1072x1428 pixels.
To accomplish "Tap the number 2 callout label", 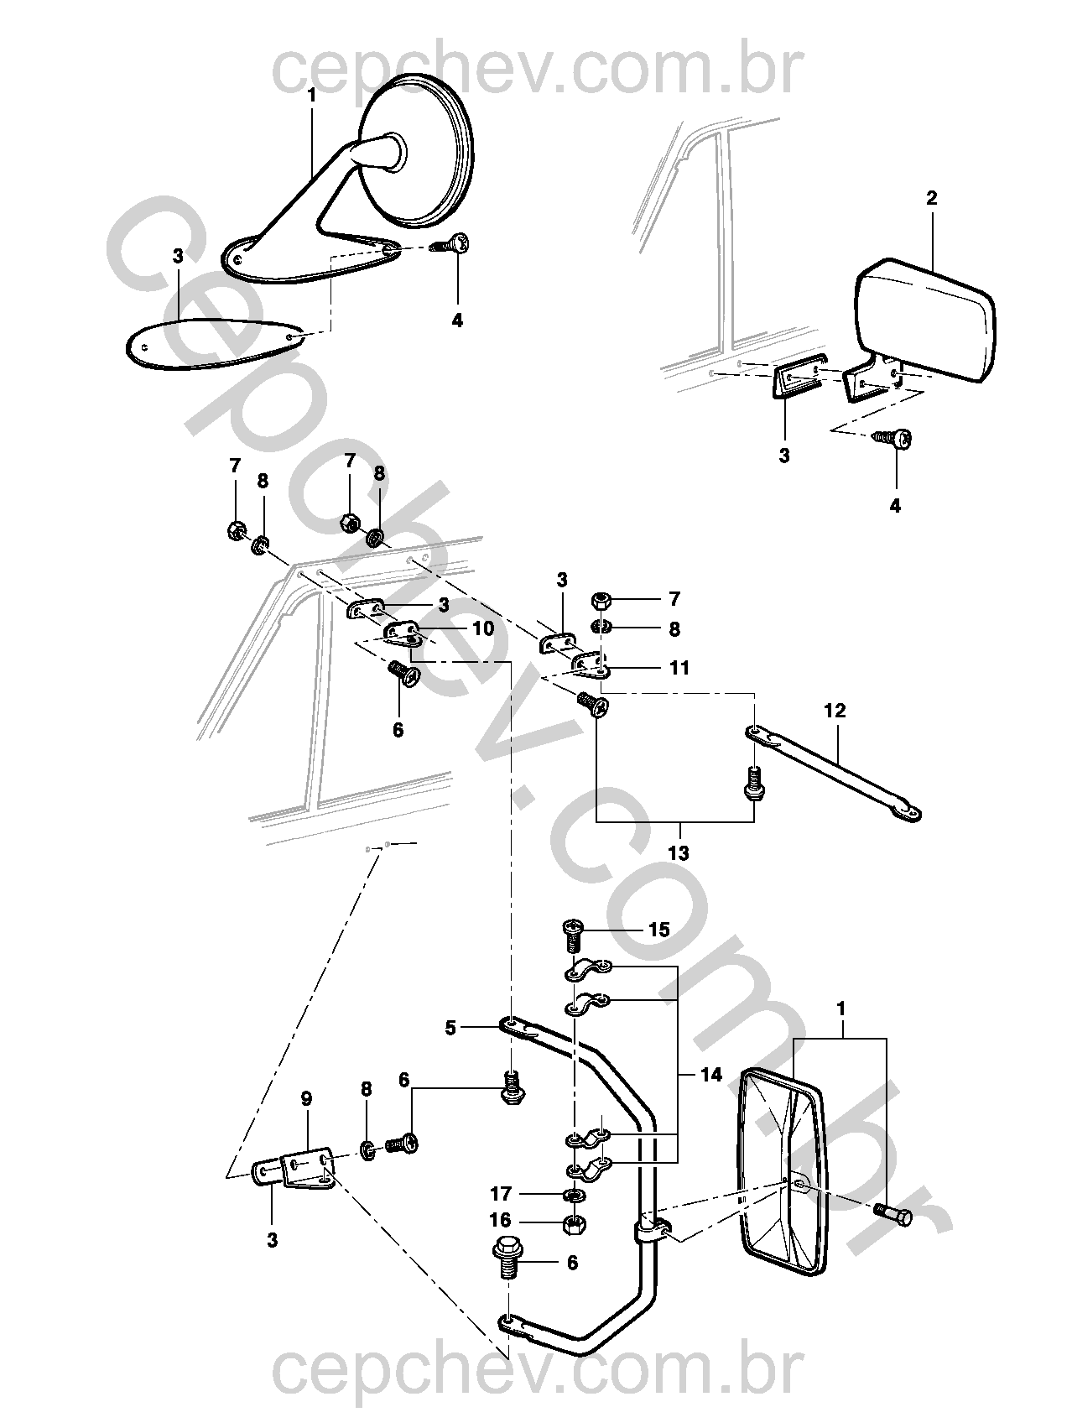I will click(932, 199).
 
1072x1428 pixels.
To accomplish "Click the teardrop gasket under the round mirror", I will click(214, 344).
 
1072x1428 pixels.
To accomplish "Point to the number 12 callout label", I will click(835, 711).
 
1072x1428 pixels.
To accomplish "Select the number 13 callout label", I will click(678, 853).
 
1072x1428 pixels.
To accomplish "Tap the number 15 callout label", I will click(658, 930).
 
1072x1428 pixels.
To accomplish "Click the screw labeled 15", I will click(573, 933).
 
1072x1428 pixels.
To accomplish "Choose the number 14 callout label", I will click(710, 1075).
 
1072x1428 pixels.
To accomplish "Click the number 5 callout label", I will click(450, 1027).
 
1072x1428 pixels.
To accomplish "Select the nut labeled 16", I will click(573, 1223).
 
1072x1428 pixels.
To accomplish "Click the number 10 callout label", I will click(483, 628).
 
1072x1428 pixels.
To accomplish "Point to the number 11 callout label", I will click(679, 668).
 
